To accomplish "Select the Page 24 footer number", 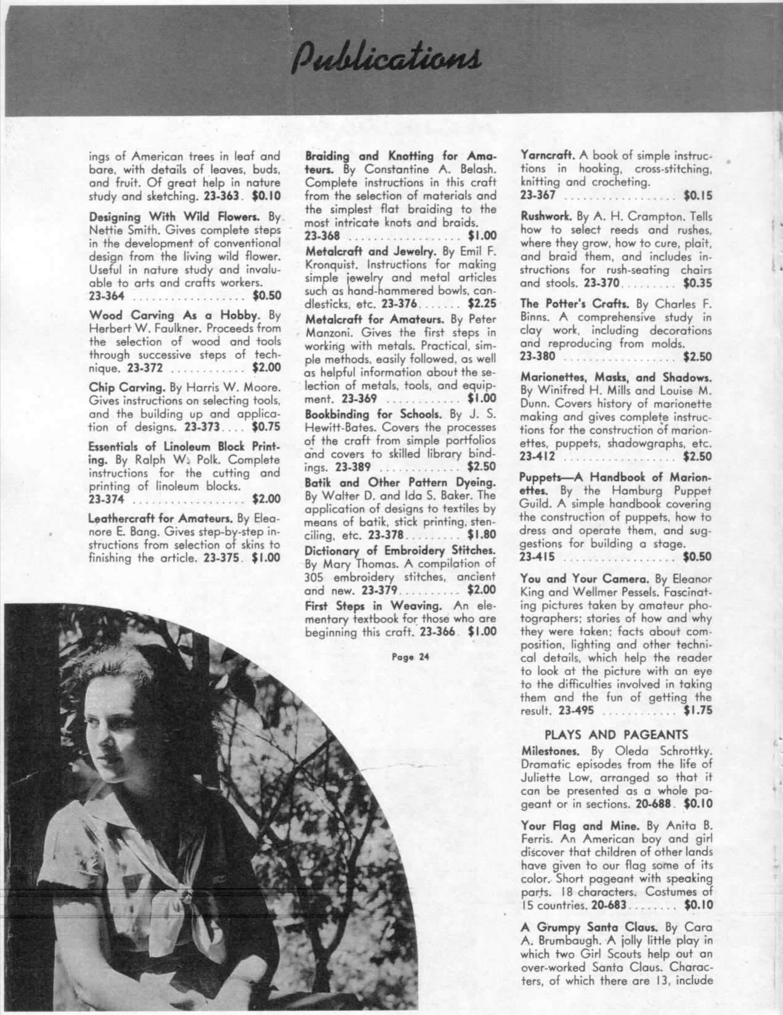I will (410, 656).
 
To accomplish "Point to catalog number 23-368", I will (323, 236).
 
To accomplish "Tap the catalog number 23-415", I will (537, 557).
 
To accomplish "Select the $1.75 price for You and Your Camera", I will (697, 710).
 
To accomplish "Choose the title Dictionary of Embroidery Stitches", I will (401, 549).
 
